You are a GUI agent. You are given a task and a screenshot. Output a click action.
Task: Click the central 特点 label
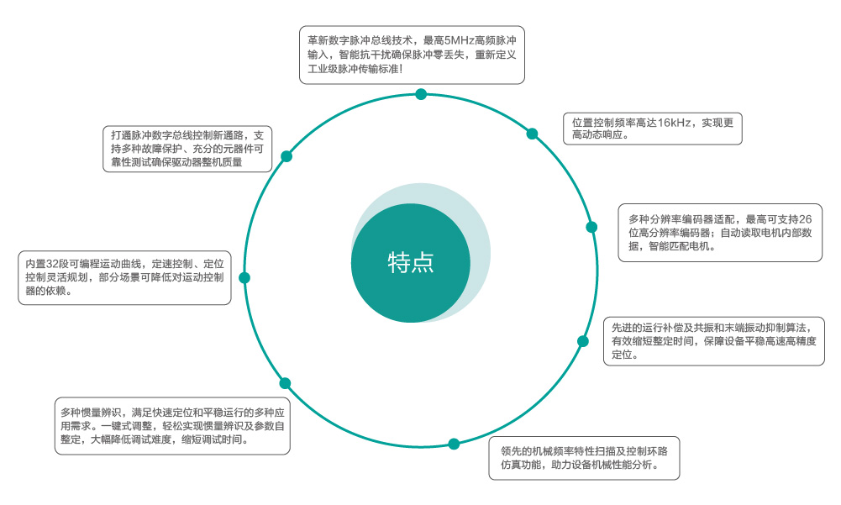[x=411, y=263]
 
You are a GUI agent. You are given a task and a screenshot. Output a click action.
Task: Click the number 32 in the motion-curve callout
[x=57, y=263]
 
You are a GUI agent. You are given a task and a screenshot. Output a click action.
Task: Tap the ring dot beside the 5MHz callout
[x=421, y=94]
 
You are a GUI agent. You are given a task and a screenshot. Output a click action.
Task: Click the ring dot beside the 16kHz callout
[x=532, y=133]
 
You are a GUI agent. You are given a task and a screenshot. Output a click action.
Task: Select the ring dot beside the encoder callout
[x=591, y=227]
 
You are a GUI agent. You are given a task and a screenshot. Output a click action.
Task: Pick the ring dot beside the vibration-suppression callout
[x=583, y=340]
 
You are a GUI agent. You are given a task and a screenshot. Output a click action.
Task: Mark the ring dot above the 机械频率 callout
[x=454, y=444]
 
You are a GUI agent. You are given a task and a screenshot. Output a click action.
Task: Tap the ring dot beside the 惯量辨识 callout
[x=285, y=383]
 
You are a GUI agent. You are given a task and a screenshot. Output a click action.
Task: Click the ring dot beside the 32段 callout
[x=244, y=277]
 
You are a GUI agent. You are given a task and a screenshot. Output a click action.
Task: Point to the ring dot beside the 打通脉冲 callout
[x=286, y=156]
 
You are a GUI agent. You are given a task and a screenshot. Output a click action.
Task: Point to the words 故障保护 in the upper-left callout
[x=164, y=149]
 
